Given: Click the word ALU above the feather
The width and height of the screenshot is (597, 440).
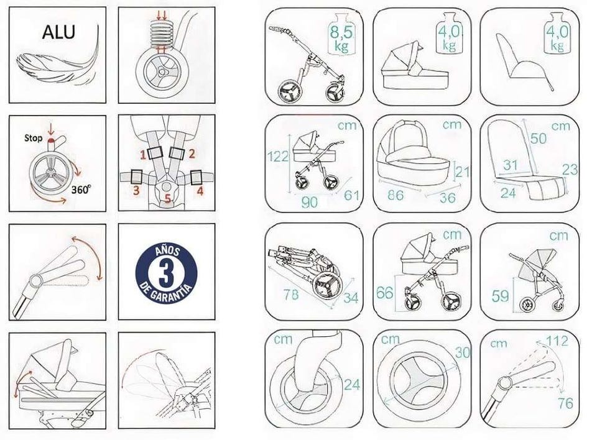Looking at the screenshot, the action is point(58,32).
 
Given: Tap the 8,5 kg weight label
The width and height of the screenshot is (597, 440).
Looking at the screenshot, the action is point(341,39).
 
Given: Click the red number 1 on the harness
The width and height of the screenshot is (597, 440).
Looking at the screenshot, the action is point(143,154).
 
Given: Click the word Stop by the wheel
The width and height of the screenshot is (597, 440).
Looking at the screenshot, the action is point(33,138).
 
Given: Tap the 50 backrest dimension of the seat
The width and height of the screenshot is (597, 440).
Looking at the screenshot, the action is point(538,138).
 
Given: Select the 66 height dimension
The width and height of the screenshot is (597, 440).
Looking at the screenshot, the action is point(384,293).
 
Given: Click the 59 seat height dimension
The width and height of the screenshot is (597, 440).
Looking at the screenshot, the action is point(500,295).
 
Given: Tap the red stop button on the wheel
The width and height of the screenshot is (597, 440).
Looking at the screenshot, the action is point(51,142).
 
